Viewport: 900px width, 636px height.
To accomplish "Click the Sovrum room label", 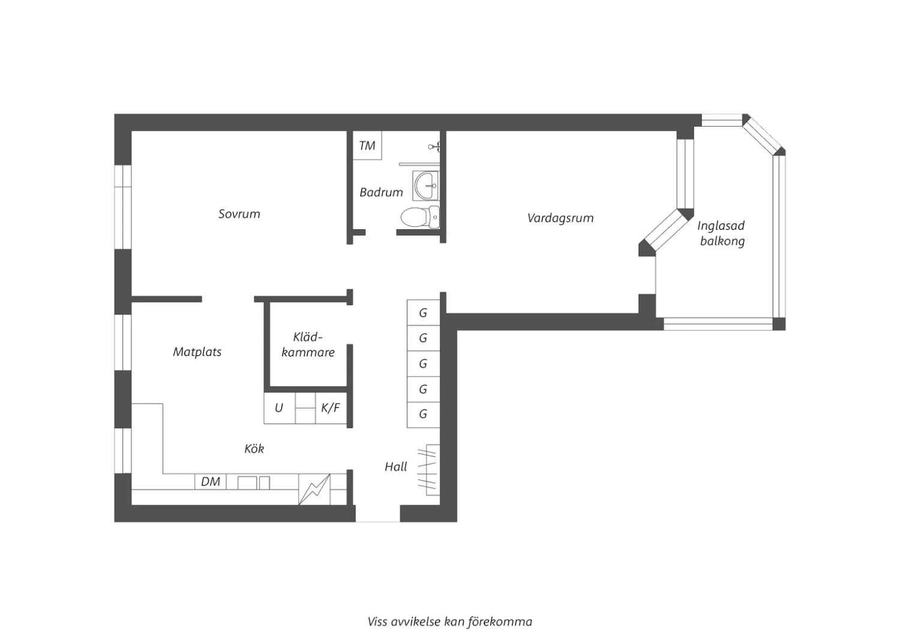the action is (239, 214).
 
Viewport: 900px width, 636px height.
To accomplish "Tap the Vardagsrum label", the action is (560, 218).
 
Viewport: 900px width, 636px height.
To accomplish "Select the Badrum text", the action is (381, 193).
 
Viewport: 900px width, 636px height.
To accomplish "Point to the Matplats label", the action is (197, 352).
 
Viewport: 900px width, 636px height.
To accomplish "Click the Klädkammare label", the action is (308, 344).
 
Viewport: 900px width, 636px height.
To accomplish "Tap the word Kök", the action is (254, 448).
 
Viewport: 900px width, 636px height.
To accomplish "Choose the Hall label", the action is (396, 466).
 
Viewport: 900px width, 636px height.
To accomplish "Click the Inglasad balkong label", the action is (722, 233).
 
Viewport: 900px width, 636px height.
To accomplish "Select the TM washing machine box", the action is (367, 145).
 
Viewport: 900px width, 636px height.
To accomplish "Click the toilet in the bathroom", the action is (420, 217).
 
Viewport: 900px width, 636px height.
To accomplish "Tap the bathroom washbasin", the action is (426, 185).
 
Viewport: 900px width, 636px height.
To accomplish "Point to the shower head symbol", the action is (435, 146).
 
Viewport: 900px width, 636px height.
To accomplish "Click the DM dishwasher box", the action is (211, 481).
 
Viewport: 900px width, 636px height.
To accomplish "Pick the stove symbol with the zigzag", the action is (314, 490).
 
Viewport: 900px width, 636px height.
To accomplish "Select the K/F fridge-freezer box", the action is (331, 408).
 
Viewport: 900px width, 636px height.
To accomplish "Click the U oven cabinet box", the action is (279, 408).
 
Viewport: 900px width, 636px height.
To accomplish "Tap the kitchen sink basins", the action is (254, 482).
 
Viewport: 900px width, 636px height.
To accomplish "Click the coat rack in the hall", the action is (428, 470).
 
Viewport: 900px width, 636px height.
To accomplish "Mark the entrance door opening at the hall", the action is (377, 514).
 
